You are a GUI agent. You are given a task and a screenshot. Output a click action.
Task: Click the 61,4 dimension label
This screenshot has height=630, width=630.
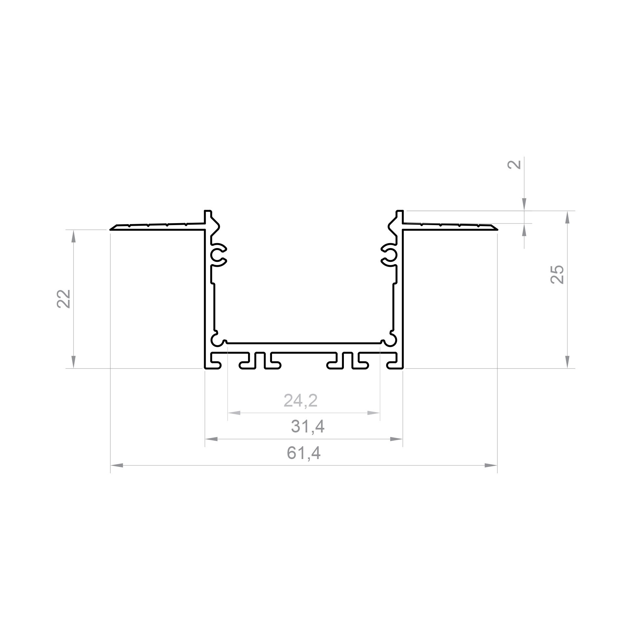[x=303, y=453]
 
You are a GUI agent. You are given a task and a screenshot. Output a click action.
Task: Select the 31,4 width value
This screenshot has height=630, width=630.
[x=307, y=427]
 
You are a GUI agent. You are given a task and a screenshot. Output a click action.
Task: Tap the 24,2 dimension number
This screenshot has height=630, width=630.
[x=301, y=400]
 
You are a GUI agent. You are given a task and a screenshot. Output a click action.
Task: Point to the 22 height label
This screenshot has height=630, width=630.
[x=64, y=299]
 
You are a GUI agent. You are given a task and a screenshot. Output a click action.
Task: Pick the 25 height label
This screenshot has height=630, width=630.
[x=557, y=274]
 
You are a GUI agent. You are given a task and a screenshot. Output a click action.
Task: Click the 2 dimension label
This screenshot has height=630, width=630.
[x=514, y=164]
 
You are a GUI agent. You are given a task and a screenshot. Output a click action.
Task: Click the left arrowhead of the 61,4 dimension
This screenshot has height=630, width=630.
[x=116, y=465]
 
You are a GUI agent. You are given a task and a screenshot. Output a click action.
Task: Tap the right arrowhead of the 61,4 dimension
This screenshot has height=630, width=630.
[x=491, y=465]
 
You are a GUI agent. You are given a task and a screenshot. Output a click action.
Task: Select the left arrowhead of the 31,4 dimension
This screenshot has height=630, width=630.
[x=211, y=439]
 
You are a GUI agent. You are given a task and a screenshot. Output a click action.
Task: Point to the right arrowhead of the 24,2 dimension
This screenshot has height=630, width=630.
[x=373, y=413]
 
